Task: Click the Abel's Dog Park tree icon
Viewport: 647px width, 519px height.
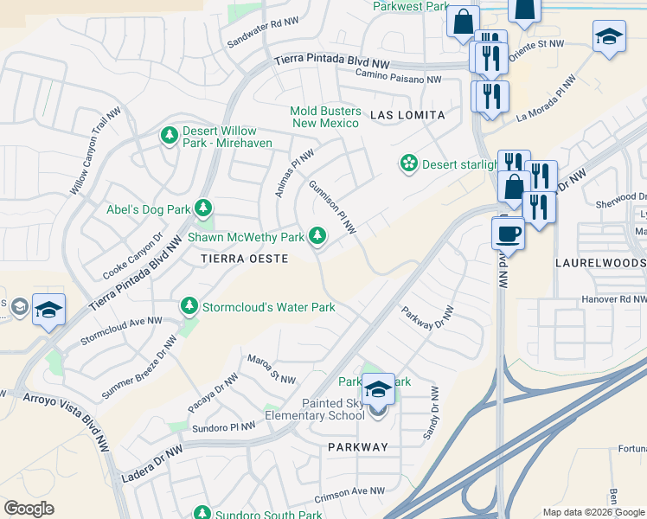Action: point(203,208)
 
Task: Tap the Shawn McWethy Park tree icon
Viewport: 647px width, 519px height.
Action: point(318,235)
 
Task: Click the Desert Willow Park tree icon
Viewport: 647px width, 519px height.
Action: point(170,136)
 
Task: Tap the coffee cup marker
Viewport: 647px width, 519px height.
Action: point(508,233)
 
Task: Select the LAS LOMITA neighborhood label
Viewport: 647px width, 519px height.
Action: point(407,115)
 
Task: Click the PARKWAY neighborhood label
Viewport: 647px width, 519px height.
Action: point(358,447)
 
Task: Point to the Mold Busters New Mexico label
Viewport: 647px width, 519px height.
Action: point(324,117)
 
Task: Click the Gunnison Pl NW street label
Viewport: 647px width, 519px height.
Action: point(332,207)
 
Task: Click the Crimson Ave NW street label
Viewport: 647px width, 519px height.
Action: point(349,494)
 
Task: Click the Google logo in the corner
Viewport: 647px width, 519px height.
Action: point(29,508)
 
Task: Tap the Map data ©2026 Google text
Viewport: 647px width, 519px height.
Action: point(593,512)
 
